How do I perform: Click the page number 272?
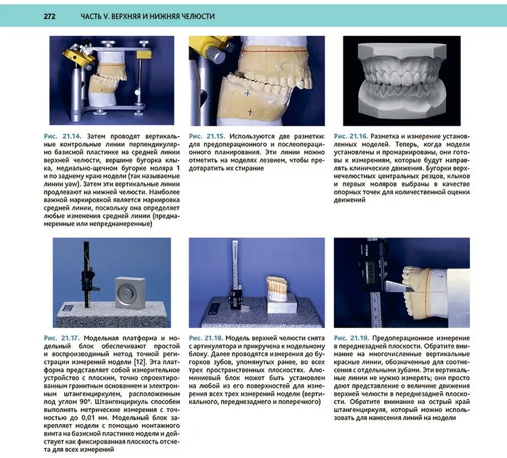(50, 16)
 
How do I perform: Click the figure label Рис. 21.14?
(63, 136)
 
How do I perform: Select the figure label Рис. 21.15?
(207, 136)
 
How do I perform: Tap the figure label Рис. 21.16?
(351, 136)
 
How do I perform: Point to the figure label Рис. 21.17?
(62, 338)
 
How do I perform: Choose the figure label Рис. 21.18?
(206, 338)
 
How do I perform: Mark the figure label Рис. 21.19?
(352, 338)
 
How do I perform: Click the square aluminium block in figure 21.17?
(130, 293)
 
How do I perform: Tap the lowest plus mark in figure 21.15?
(250, 112)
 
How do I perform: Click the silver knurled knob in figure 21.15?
(216, 53)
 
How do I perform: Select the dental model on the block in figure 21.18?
(277, 288)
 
